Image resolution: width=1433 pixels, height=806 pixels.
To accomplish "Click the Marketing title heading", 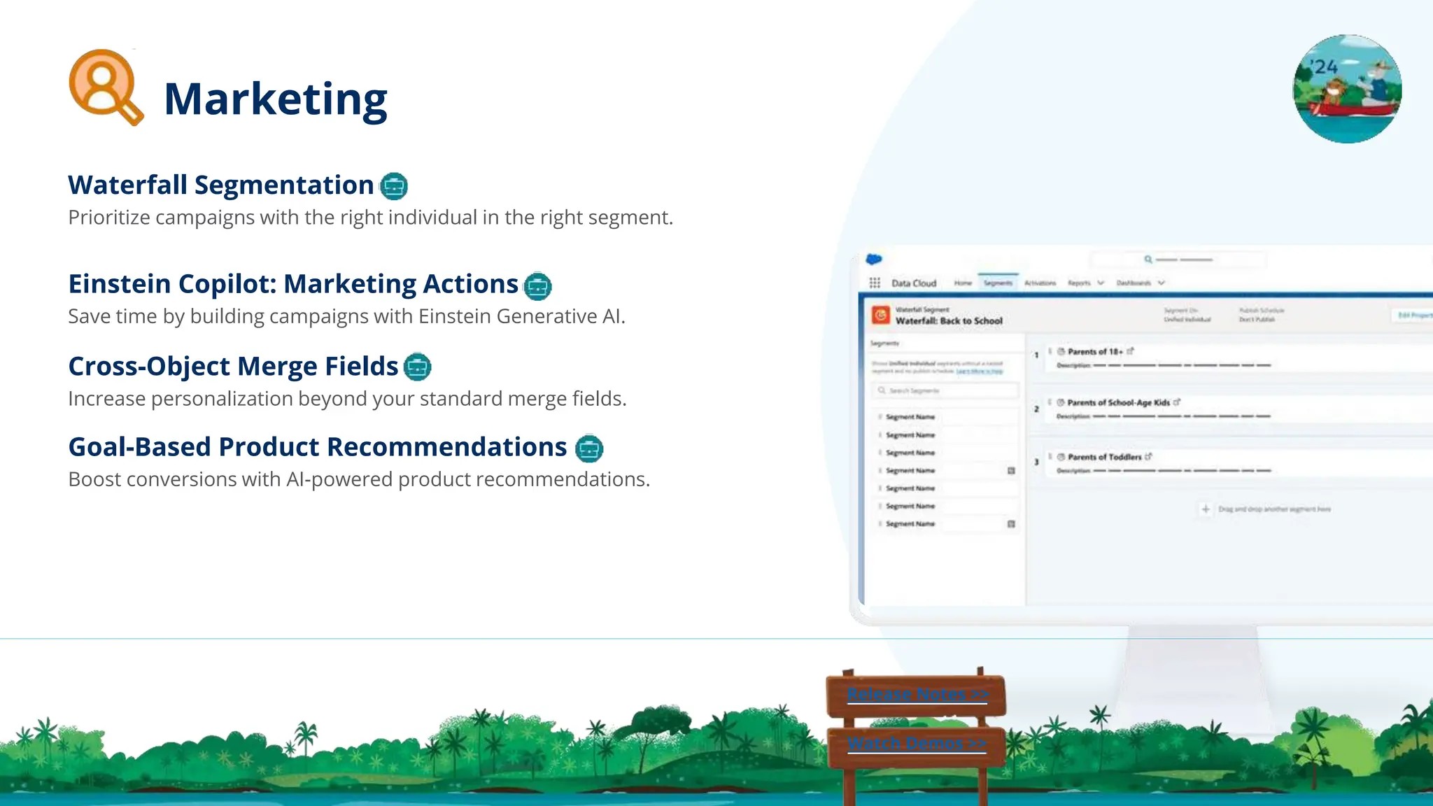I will [x=275, y=99].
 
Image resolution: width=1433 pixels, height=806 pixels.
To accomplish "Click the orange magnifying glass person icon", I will [x=105, y=86].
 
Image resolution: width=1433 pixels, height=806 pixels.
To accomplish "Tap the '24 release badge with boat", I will [x=1347, y=89].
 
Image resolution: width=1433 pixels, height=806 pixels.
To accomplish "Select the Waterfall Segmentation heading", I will [x=220, y=185].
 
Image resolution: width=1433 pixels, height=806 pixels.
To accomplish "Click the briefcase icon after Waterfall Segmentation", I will [x=393, y=186].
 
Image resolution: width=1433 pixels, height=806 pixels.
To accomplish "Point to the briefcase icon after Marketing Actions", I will [x=537, y=285].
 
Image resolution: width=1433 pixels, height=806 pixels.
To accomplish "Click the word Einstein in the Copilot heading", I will [x=120, y=284].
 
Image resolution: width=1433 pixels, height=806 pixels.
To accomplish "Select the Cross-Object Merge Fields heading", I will [x=233, y=366].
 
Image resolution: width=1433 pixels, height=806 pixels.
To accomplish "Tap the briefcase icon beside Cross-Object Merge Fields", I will [x=418, y=367].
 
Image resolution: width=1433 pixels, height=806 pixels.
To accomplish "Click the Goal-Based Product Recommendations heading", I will [x=317, y=446].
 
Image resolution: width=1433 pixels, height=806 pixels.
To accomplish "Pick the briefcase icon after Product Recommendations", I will [x=589, y=448].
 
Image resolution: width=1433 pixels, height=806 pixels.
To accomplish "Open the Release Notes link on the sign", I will [x=917, y=694].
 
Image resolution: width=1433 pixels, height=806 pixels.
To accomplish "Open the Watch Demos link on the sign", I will [x=917, y=743].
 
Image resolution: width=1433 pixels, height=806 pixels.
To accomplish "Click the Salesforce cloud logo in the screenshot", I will [x=874, y=260].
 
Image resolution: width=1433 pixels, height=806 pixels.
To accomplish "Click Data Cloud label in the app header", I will [x=913, y=283].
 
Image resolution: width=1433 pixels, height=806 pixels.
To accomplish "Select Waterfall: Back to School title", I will [x=949, y=321].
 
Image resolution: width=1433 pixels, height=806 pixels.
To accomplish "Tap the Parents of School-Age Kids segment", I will [x=1118, y=402].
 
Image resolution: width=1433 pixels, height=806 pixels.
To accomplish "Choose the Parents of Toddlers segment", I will [x=1104, y=457].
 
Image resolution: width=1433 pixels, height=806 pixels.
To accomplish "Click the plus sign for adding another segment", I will [x=1206, y=509].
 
